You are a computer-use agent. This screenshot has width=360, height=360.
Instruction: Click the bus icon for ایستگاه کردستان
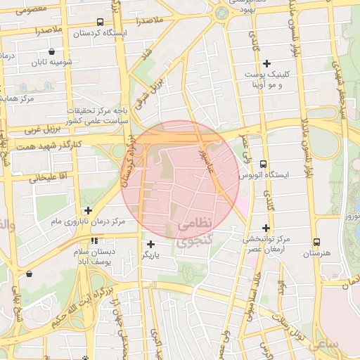click(x=100, y=22)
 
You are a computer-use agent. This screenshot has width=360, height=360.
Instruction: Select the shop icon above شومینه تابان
click(x=51, y=51)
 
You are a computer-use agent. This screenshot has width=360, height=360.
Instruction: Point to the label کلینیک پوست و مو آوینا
click(x=261, y=79)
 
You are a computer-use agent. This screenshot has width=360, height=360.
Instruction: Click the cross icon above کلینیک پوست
click(x=266, y=64)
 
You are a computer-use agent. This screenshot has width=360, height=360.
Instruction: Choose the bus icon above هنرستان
click(x=316, y=242)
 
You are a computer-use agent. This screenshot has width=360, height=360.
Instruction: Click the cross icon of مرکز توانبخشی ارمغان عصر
click(x=266, y=227)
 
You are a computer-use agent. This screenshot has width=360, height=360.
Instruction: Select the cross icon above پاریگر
click(x=150, y=244)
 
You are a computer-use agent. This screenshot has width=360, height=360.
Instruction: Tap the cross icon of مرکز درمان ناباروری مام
click(x=88, y=210)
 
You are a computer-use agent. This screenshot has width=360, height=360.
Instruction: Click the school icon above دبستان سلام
click(x=95, y=241)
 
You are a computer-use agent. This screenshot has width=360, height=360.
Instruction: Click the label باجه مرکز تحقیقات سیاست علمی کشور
click(x=96, y=116)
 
